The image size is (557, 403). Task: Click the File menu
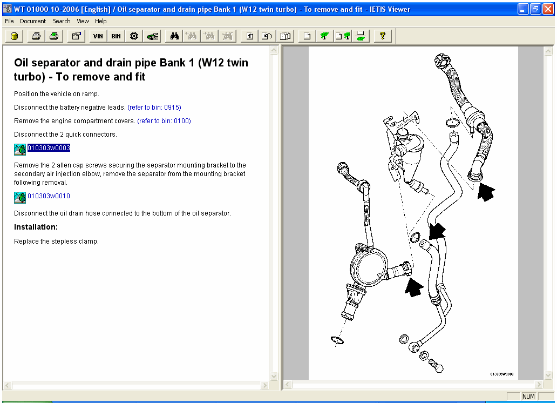[x=9, y=21]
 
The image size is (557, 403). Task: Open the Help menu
[x=101, y=21]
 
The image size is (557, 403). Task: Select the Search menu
[x=62, y=21]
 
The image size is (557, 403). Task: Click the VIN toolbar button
[x=98, y=36]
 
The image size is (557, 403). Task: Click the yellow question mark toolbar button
[x=382, y=36]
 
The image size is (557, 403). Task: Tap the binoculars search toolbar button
[x=174, y=36]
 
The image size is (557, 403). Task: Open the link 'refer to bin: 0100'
[x=164, y=121]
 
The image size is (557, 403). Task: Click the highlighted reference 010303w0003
[x=49, y=148]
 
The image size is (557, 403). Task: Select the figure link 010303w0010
[x=49, y=196]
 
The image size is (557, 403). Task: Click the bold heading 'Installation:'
[x=36, y=227]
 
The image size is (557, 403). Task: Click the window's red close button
[x=548, y=9]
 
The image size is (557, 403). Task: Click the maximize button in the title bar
[x=535, y=9]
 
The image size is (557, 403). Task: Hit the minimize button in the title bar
[x=523, y=9]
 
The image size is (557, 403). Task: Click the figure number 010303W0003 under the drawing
[x=501, y=374]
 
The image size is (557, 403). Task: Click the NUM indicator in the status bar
[x=528, y=397]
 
